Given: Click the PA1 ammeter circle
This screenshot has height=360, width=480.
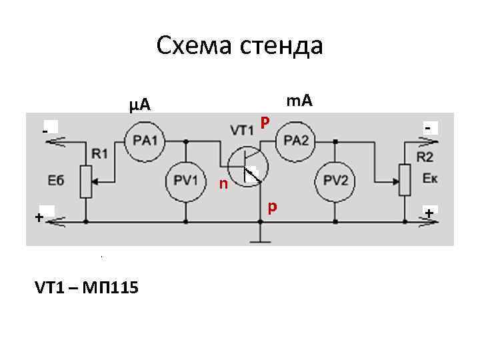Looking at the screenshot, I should pyautogui.click(x=145, y=141).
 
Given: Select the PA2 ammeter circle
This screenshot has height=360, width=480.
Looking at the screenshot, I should pyautogui.click(x=296, y=141).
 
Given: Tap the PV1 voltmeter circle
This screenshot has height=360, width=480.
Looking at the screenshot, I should pyautogui.click(x=185, y=179).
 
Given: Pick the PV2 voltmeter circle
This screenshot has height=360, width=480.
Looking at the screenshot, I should pyautogui.click(x=335, y=179).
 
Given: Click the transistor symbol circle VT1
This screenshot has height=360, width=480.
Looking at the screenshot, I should pyautogui.click(x=247, y=165).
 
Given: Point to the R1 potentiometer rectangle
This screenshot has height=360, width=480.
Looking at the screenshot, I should pyautogui.click(x=86, y=180).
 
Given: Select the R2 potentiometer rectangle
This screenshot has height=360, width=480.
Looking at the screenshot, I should pyautogui.click(x=405, y=179).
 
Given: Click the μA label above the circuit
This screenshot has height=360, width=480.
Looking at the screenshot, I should pyautogui.click(x=140, y=105).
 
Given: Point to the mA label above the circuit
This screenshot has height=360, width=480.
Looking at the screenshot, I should pyautogui.click(x=299, y=101).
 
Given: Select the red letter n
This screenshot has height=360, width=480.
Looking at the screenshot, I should pyautogui.click(x=223, y=183).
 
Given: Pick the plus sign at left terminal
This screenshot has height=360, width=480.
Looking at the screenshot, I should pyautogui.click(x=39, y=217).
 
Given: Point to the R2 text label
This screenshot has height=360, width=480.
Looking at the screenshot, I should pyautogui.click(x=425, y=157).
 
